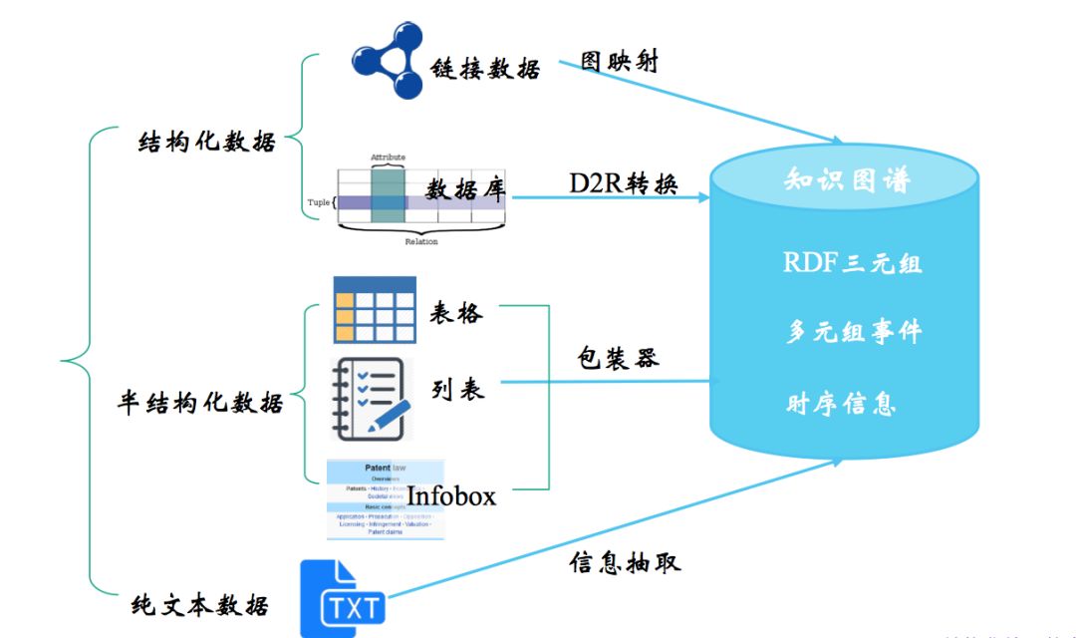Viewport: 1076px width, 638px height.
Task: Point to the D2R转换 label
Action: point(624,183)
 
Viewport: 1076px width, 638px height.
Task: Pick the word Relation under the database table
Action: point(420,241)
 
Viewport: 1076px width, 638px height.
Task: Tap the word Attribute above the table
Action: point(388,158)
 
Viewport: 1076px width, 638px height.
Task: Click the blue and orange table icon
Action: point(374,309)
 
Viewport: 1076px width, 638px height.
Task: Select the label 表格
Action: point(456,313)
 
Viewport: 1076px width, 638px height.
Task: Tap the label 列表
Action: point(458,390)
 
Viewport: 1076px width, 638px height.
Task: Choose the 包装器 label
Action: point(618,358)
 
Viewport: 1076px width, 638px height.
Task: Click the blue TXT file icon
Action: point(343,598)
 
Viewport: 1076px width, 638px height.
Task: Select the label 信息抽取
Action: point(625,562)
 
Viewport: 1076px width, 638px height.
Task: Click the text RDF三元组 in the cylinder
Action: point(852,263)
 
